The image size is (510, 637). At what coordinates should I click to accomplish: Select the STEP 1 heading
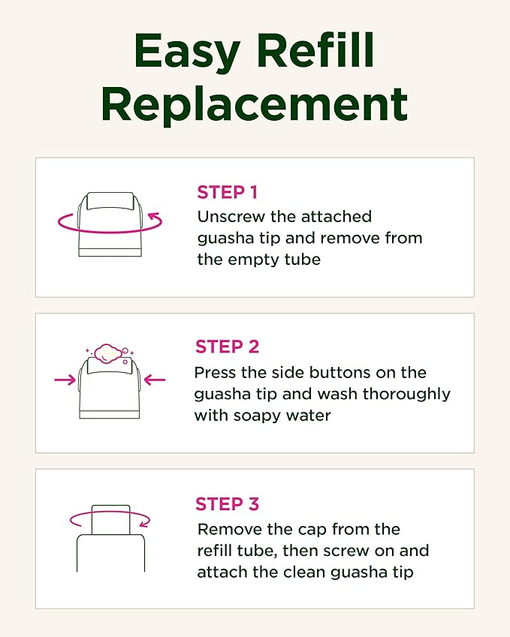point(227,192)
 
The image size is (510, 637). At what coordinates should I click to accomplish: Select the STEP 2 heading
point(227,347)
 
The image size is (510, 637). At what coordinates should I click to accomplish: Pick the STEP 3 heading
point(227,503)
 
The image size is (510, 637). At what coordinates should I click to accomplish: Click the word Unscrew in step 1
point(230,217)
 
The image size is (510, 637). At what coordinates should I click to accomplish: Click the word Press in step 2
point(216,372)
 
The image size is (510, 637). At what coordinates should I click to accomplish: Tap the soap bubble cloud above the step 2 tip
point(110,353)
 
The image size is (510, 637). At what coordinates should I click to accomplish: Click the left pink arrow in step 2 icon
point(65,380)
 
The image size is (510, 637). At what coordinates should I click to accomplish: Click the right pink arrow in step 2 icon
point(155,380)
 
